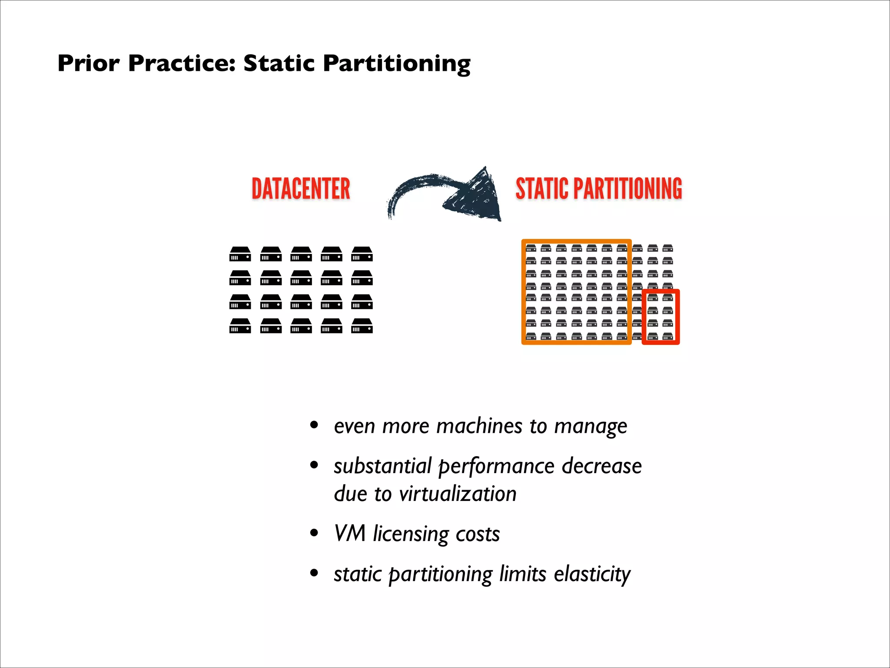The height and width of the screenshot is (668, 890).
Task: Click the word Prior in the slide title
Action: (x=88, y=63)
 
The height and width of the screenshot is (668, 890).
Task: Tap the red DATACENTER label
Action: (x=301, y=189)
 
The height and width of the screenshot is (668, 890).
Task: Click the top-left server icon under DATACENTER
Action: (x=240, y=254)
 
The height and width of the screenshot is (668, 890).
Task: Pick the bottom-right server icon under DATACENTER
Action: (x=362, y=326)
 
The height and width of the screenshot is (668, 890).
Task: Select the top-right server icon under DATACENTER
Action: (x=362, y=254)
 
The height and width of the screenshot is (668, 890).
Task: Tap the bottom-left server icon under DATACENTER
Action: (x=240, y=326)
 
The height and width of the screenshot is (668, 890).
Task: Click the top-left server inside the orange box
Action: (x=531, y=248)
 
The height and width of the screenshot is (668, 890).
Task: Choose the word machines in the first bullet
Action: (x=479, y=426)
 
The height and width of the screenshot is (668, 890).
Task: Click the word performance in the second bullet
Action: (x=496, y=466)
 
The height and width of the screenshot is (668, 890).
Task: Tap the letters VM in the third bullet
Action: (x=349, y=534)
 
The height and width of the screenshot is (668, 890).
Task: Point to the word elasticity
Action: (x=592, y=574)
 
